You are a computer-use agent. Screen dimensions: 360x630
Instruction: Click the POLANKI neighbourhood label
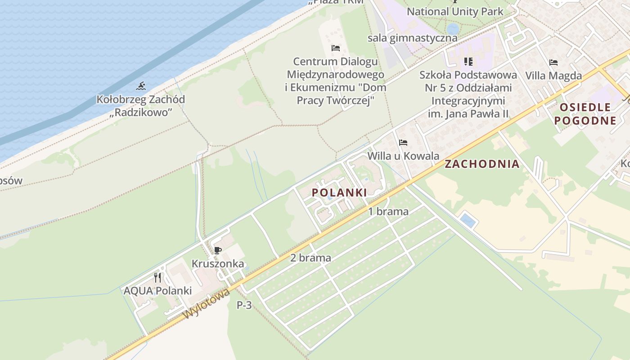[339, 193]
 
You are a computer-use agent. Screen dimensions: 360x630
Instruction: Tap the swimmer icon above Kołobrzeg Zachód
[141, 86]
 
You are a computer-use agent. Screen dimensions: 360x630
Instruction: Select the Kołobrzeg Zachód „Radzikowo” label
[141, 106]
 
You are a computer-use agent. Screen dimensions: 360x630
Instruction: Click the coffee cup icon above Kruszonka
[218, 251]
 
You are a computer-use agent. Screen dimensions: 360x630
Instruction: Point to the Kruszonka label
[218, 264]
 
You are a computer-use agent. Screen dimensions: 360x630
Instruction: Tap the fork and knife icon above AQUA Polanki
[157, 277]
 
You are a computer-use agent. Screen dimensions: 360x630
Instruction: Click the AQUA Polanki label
[157, 291]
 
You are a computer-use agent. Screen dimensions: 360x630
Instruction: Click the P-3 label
[244, 305]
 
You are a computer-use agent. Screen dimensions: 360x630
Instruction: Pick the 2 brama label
[310, 258]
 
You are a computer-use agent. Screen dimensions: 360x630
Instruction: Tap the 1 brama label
[388, 211]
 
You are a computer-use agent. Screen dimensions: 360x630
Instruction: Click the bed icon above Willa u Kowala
[403, 143]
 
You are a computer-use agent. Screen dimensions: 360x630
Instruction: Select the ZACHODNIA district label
[482, 164]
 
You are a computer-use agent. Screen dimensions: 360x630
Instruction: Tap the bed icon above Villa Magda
[553, 63]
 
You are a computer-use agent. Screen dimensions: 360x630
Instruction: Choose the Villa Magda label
[553, 76]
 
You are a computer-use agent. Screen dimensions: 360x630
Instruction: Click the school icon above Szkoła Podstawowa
[468, 62]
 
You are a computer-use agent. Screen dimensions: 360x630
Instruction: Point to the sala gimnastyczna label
[412, 38]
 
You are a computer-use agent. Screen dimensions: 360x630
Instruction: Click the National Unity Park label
[455, 11]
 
